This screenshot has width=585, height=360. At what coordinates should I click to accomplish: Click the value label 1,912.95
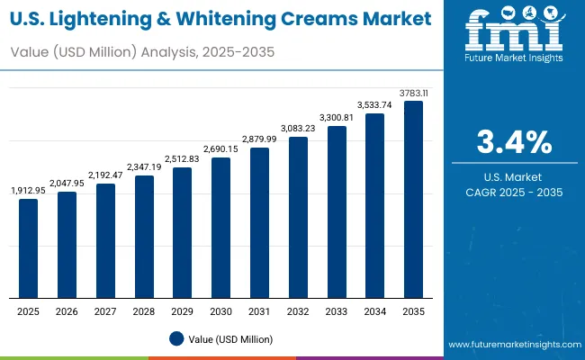click(29, 190)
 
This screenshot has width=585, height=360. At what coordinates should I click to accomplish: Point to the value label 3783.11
click(413, 92)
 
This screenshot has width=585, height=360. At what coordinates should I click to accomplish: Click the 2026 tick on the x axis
click(67, 311)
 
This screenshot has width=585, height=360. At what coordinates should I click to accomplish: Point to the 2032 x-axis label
click(298, 311)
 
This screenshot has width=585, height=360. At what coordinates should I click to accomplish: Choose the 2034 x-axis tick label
click(374, 311)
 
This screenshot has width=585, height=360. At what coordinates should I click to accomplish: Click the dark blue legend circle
click(176, 338)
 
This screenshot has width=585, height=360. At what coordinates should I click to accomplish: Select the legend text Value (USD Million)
click(231, 338)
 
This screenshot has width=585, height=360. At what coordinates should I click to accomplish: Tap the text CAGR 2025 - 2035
click(514, 192)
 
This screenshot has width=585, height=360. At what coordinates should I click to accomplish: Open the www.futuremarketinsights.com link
click(510, 345)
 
